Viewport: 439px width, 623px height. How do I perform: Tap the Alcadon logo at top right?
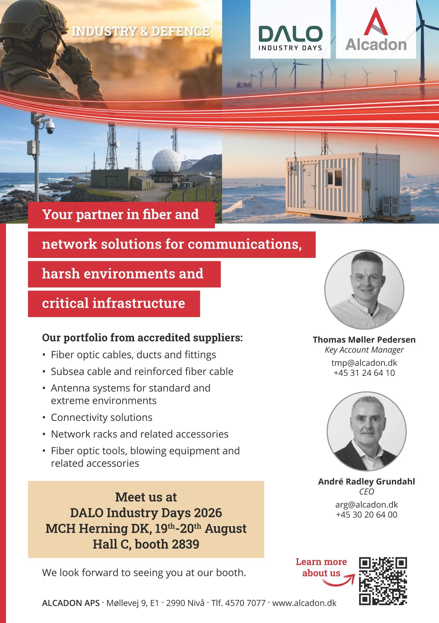click(x=376, y=29)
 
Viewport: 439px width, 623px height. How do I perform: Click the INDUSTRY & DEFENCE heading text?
click(x=141, y=31)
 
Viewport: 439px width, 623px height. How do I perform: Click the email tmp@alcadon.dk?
click(x=364, y=363)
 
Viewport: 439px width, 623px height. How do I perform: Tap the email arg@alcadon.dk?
click(x=367, y=504)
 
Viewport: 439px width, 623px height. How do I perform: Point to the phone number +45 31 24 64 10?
click(x=364, y=373)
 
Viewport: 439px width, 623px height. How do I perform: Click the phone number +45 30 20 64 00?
click(x=367, y=515)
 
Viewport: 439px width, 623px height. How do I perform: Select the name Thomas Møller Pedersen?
click(x=364, y=340)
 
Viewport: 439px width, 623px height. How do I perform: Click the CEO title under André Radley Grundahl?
click(x=367, y=492)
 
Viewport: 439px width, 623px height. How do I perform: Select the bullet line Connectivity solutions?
click(x=101, y=417)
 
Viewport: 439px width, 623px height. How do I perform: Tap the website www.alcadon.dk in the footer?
click(x=304, y=609)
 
